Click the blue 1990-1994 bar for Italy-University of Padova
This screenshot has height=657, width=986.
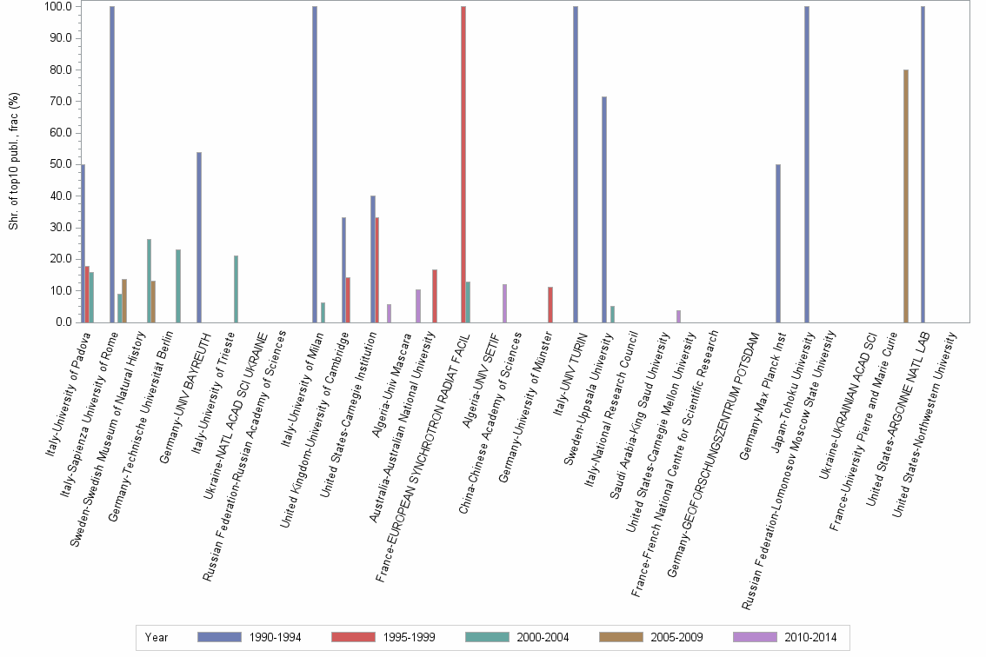[83, 243]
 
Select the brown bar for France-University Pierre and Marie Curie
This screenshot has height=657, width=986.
[906, 196]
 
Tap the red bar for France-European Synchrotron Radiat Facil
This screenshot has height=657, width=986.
[463, 164]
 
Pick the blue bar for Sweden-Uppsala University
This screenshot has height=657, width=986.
[604, 209]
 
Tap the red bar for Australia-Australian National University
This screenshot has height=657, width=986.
[435, 296]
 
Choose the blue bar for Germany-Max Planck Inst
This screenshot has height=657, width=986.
[778, 243]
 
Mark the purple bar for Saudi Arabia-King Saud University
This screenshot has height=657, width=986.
[678, 316]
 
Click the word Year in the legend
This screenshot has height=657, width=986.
[157, 638]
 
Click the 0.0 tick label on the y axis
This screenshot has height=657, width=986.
[63, 322]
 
